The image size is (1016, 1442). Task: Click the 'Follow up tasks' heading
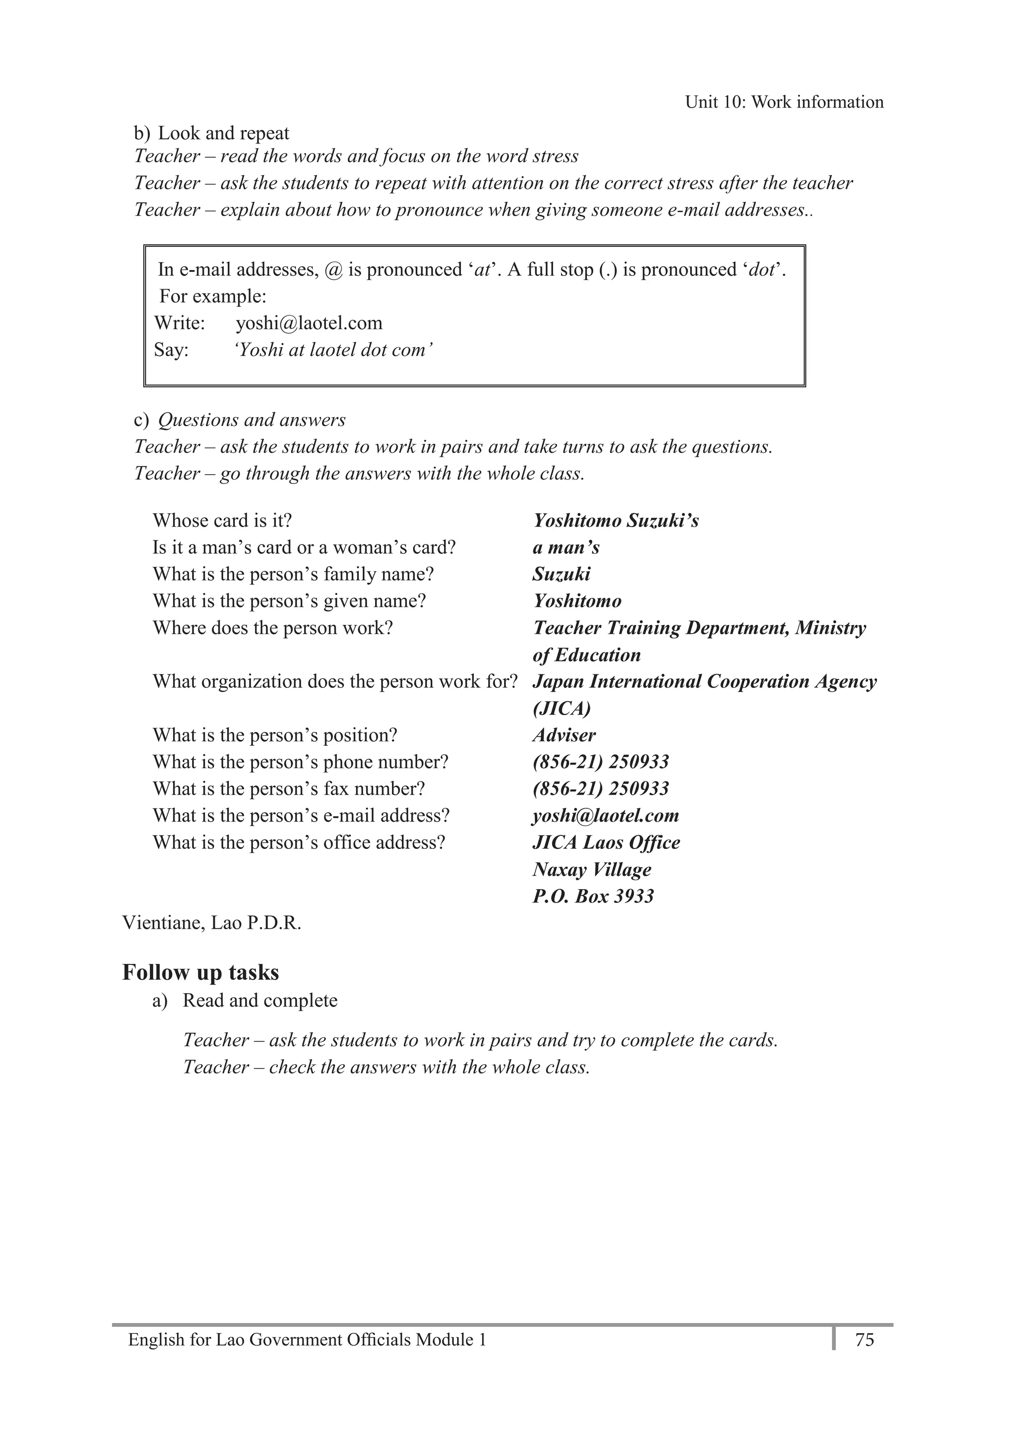(200, 972)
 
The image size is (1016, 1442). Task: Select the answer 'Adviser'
(564, 735)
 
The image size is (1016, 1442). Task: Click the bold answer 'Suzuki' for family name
(561, 574)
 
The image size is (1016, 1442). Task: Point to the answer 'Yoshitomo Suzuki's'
(615, 521)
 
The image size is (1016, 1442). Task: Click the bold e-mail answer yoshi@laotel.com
(605, 815)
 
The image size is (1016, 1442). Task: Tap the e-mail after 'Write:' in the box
(309, 323)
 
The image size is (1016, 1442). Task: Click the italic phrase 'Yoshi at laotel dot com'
(333, 350)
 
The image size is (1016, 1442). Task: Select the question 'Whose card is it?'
(222, 521)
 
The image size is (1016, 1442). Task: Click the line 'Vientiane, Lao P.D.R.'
(212, 923)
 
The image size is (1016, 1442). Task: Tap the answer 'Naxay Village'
(591, 869)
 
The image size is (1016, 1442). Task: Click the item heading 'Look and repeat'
(223, 133)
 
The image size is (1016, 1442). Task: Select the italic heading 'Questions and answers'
(252, 420)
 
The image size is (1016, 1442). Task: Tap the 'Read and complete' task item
(259, 1001)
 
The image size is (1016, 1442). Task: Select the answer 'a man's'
(566, 547)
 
